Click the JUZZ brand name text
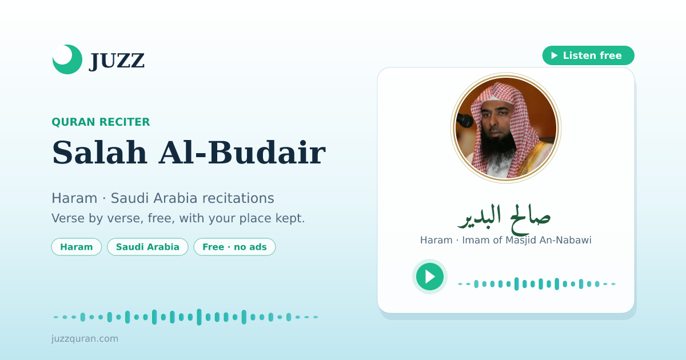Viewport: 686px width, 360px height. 117,61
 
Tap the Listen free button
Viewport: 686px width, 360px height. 588,55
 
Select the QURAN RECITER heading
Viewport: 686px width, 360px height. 101,122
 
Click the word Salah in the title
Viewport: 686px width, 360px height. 99,153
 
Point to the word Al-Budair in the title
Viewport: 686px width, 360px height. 242,153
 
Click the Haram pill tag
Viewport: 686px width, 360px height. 76,247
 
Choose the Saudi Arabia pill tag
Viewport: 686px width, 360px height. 147,247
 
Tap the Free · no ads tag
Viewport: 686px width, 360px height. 234,247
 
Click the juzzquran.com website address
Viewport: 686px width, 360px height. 85,338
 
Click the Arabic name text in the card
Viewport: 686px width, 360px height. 504,218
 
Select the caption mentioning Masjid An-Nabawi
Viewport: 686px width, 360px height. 505,241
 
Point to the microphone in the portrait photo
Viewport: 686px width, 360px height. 464,120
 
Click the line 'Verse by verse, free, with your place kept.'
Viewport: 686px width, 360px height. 178,218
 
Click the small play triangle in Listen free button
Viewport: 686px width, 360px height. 555,55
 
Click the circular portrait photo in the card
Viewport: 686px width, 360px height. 506,128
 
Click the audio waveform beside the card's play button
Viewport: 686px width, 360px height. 537,284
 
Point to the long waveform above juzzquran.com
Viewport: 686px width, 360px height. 186,317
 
